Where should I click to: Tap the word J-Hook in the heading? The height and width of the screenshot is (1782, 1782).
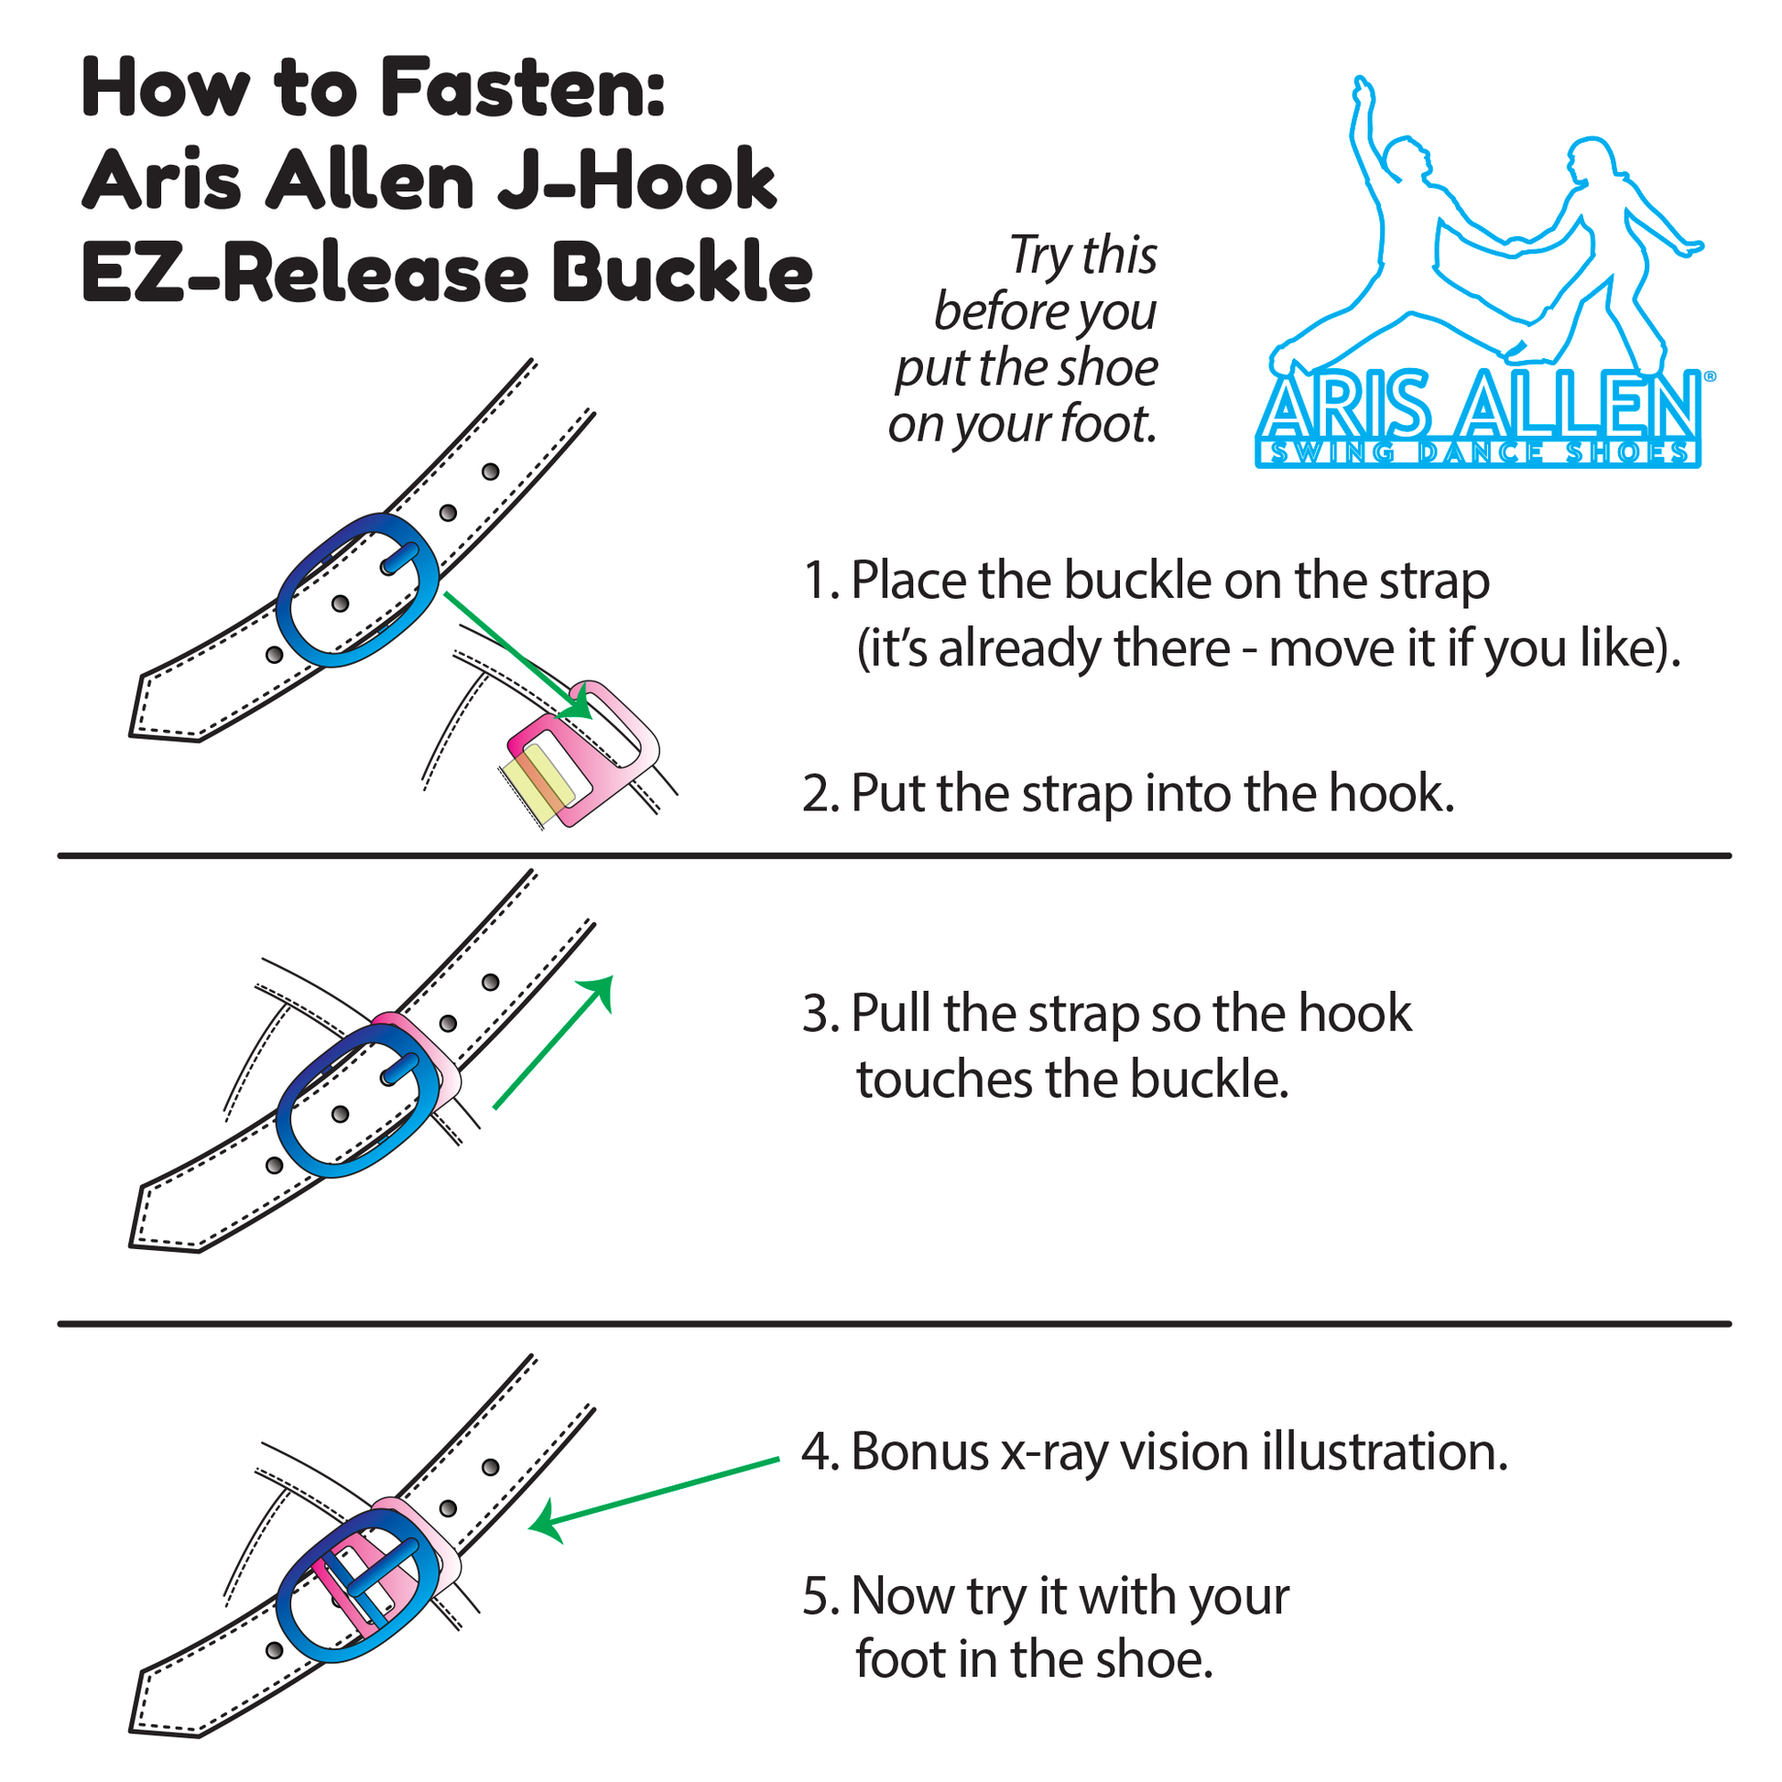tap(636, 180)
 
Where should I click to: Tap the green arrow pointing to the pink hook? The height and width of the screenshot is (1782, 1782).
tap(516, 656)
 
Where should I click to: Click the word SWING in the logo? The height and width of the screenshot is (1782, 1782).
tap(1331, 452)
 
